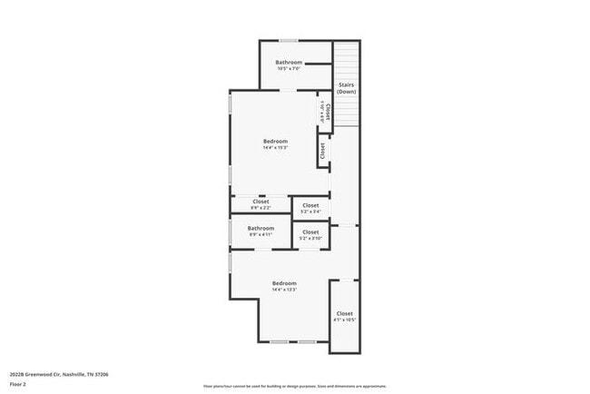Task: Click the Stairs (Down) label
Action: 347,89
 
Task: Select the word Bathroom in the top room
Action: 289,62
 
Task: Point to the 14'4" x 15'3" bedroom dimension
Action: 275,148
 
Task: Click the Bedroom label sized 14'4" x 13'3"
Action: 284,283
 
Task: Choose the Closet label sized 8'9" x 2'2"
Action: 261,202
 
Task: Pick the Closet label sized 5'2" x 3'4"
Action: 310,205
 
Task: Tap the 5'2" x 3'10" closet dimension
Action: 310,239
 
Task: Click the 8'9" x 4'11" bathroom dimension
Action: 261,234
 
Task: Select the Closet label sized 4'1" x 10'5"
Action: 345,313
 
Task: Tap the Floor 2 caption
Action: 18,384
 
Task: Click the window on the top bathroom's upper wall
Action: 289,40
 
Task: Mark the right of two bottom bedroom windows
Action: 308,341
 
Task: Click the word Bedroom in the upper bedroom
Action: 275,141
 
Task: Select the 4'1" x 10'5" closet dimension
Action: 345,320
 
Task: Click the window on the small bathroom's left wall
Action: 230,231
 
